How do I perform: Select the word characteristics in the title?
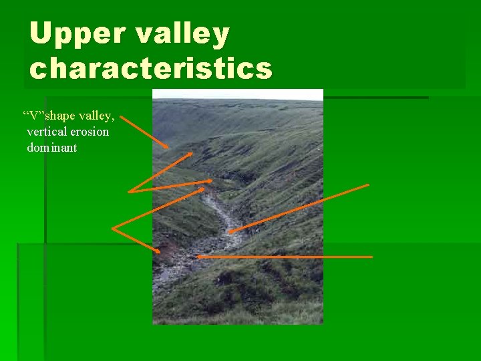[x=151, y=69]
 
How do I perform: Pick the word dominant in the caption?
[x=51, y=147]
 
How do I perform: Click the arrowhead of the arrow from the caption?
[x=167, y=146]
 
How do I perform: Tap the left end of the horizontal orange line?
[x=198, y=257]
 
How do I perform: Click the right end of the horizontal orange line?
[x=371, y=257]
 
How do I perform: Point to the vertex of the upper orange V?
[x=130, y=192]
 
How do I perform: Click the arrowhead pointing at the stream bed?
[x=229, y=232]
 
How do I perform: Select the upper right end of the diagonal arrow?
[x=368, y=185]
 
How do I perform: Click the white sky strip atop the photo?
[x=238, y=94]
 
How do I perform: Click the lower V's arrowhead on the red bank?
[x=159, y=251]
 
